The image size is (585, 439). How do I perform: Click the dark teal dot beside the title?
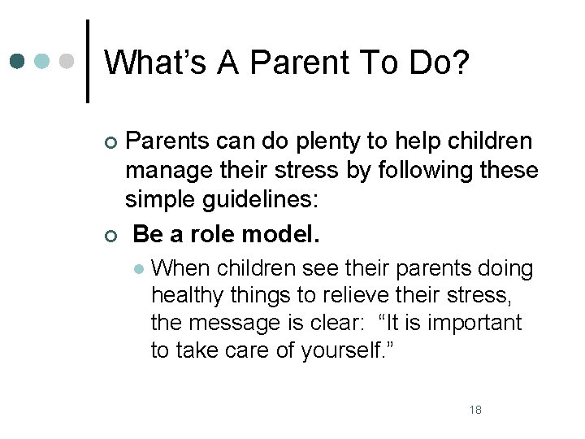pyautogui.click(x=19, y=62)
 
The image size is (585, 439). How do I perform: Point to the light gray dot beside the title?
pyautogui.click(x=68, y=62)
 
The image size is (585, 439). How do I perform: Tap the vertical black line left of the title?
pyautogui.click(x=88, y=62)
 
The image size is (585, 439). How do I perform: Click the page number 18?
pyautogui.click(x=475, y=410)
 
